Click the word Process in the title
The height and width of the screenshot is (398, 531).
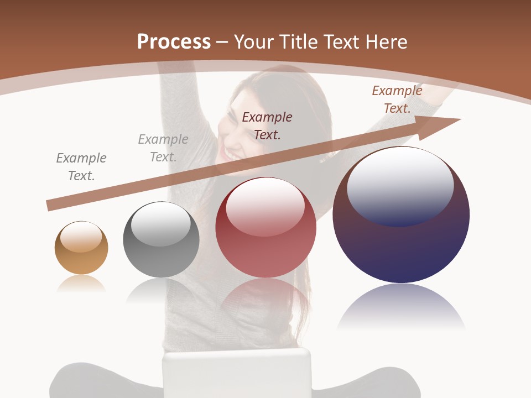174,42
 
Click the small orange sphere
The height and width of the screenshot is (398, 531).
81,248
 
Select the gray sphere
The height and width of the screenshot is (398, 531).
161,240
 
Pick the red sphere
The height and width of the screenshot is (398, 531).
265,228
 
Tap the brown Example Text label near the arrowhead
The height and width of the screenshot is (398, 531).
397,99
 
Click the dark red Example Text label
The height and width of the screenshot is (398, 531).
267,125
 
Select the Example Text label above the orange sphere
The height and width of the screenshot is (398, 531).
81,166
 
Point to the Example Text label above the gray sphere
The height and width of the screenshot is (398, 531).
163,148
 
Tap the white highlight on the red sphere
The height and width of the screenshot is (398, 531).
265,207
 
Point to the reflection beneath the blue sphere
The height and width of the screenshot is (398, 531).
401,307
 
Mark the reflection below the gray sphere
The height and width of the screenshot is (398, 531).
161,290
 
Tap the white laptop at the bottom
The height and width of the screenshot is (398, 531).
237,373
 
